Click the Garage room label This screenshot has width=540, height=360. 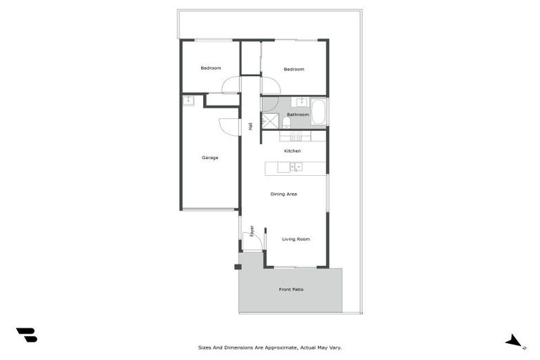click(210, 157)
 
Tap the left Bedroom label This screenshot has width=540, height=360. click(211, 68)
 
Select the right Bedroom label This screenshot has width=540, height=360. click(294, 69)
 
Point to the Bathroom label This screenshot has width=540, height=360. click(297, 115)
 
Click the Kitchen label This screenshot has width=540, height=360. click(292, 151)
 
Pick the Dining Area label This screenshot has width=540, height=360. click(283, 194)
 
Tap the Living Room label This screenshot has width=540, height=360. click(296, 239)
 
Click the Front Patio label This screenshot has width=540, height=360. click(291, 290)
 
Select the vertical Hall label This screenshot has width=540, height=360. click(250, 127)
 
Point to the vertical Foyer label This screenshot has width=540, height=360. click(252, 231)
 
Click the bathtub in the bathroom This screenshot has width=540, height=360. click(319, 112)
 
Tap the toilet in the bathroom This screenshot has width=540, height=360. click(287, 124)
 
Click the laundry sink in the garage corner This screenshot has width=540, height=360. click(188, 101)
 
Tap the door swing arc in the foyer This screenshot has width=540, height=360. click(257, 240)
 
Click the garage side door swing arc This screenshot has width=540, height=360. click(229, 126)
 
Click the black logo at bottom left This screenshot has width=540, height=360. click(26, 335)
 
